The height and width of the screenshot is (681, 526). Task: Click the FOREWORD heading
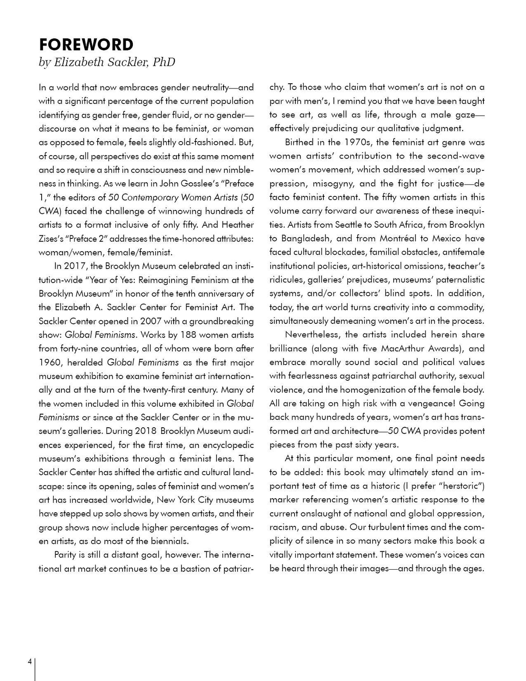pyautogui.click(x=86, y=45)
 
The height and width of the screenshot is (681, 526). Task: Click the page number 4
pyautogui.click(x=29, y=662)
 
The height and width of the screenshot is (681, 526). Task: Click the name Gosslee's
pyautogui.click(x=213, y=183)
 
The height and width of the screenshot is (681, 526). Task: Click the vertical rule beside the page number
pyautogui.click(x=35, y=669)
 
